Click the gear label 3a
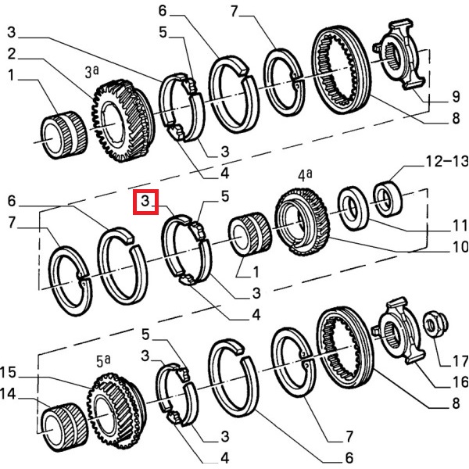click(x=92, y=74)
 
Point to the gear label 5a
click(x=104, y=361)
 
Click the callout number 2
click(x=12, y=53)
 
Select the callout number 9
click(x=456, y=99)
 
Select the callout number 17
click(x=456, y=361)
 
